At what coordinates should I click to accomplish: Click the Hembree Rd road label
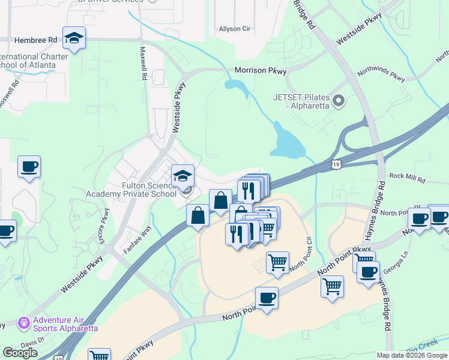[36, 38]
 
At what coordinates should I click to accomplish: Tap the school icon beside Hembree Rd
[74, 38]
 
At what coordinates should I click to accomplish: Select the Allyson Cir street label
[234, 29]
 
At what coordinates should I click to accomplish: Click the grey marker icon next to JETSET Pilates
[339, 101]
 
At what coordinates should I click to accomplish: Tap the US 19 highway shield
[337, 163]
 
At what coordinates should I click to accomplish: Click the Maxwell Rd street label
[143, 64]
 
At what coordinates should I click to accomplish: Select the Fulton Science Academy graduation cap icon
[183, 176]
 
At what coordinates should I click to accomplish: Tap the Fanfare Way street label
[137, 239]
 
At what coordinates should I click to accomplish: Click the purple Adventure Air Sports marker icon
[24, 323]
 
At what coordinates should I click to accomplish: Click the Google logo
[20, 353]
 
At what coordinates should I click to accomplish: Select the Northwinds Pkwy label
[381, 75]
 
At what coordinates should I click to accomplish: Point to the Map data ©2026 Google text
[411, 355]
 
